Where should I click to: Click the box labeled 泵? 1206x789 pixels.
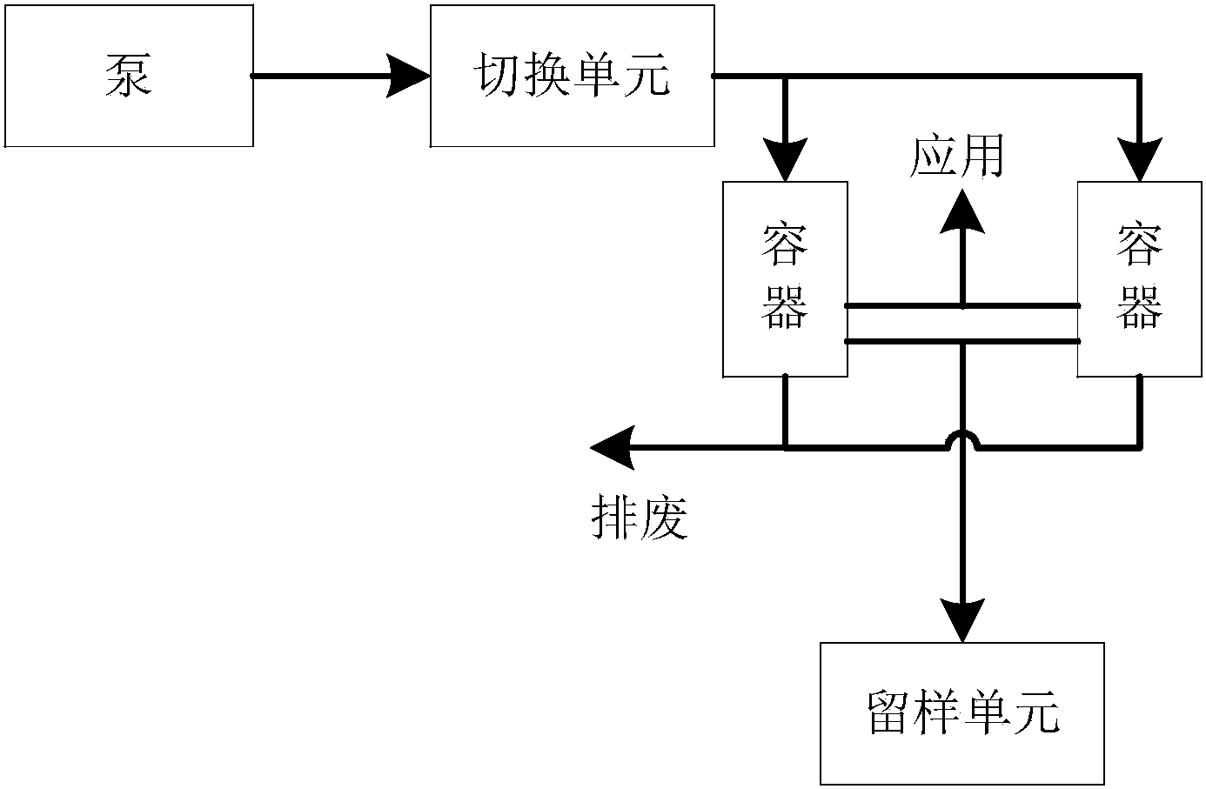pos(129,76)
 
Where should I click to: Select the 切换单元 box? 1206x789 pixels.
pos(572,76)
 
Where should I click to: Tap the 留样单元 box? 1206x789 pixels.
pos(961,713)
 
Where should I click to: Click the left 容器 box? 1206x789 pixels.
pos(785,278)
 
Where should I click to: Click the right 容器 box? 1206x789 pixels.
pos(1140,278)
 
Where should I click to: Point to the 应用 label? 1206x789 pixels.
pos(956,157)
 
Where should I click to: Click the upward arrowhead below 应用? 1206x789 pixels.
pos(962,213)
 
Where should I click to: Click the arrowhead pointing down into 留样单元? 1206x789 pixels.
pos(962,620)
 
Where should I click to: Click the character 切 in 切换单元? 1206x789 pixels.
pos(496,76)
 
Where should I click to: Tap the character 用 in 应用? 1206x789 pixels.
pos(982,157)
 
